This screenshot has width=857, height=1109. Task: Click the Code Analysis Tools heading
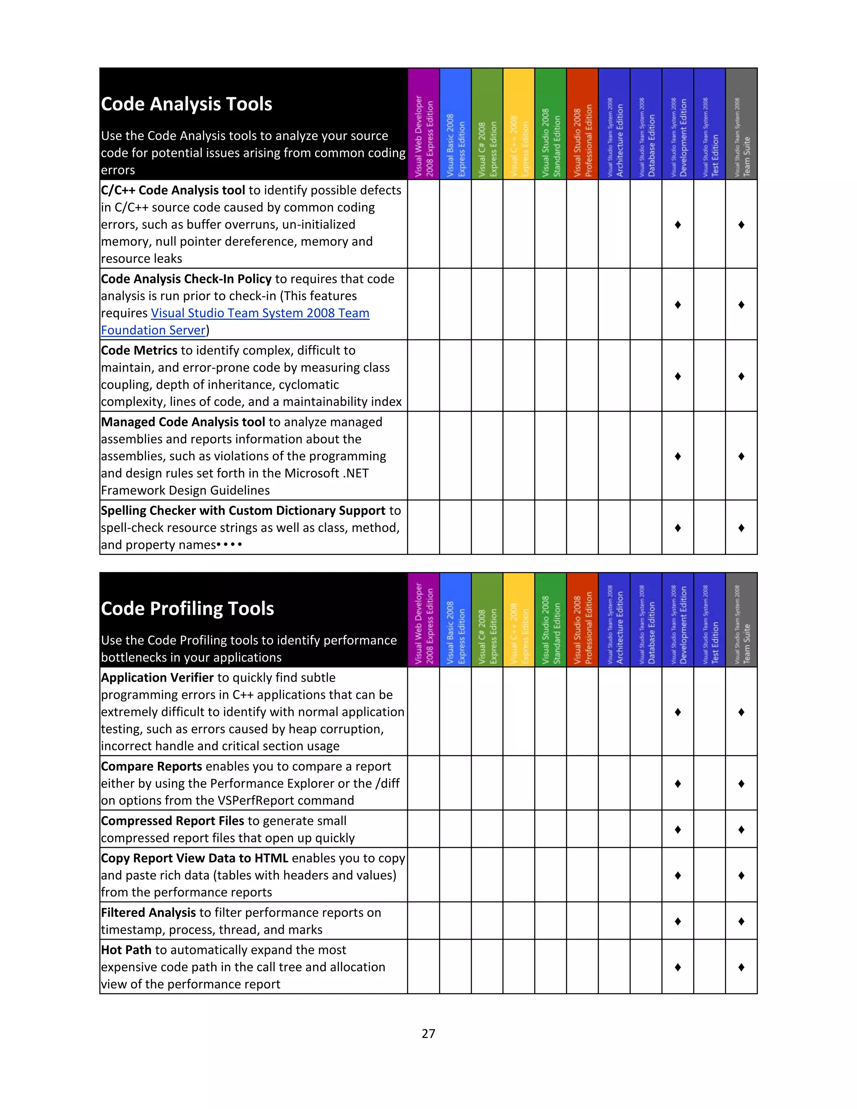point(186,104)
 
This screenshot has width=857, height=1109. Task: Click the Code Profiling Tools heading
point(187,608)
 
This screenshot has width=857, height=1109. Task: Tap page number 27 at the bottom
point(428,1033)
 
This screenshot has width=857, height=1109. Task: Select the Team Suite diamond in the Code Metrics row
point(741,376)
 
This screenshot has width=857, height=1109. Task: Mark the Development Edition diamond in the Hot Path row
point(678,967)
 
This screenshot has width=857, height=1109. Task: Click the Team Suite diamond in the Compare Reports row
point(741,783)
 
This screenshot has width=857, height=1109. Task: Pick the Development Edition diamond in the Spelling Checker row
point(678,528)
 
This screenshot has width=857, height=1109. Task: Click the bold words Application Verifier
point(157,678)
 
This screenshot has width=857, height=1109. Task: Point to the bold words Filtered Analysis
point(148,912)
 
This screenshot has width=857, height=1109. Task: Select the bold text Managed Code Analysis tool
point(183,422)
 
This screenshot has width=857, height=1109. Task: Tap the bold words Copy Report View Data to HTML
point(195,858)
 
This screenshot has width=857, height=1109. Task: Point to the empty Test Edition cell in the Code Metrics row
point(710,376)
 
